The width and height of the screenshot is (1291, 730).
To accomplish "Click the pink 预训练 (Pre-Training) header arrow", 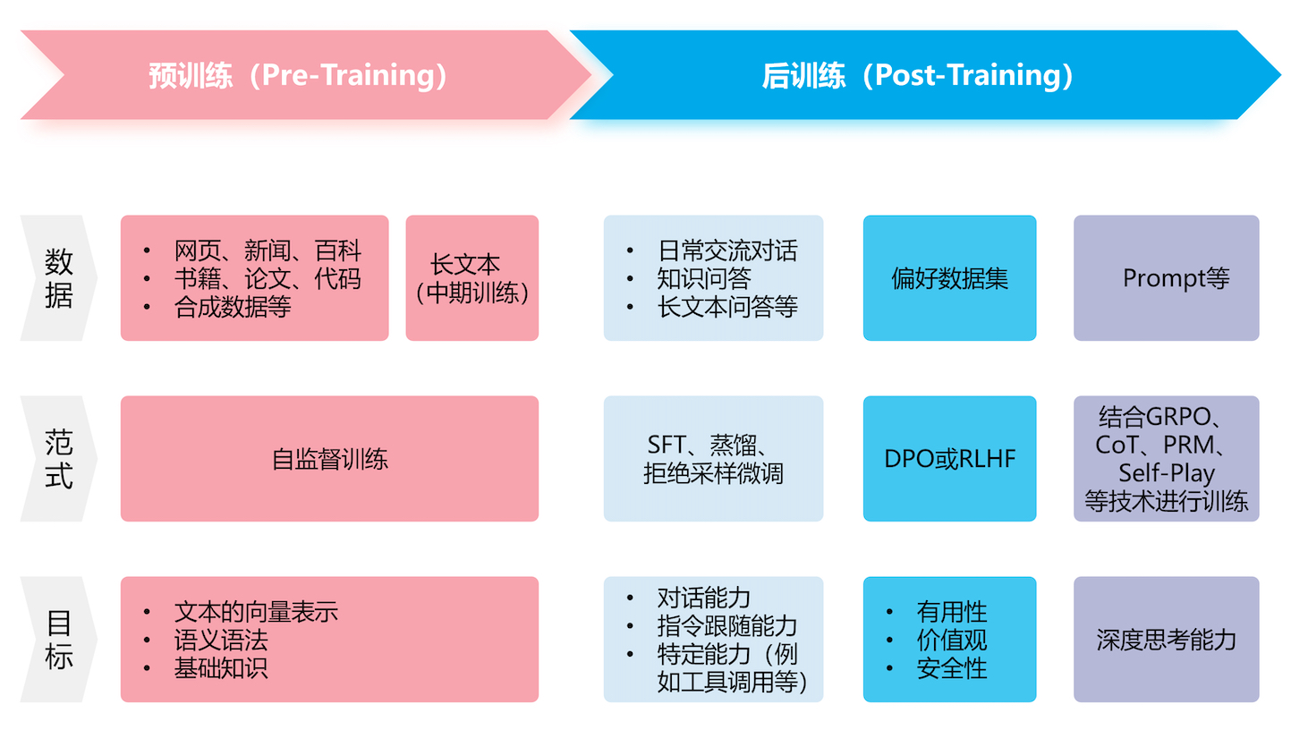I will coord(298,75).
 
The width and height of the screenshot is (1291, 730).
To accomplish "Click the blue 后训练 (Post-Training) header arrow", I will coord(917,75).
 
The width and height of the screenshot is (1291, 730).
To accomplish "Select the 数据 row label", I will coord(58,278).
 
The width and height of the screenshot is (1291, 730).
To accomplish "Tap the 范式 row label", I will coord(58,459).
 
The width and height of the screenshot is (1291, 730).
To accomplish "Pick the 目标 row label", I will coord(58,640).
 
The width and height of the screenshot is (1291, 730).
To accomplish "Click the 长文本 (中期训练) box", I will coord(471,278).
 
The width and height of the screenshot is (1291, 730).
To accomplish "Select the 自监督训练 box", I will coord(329,460).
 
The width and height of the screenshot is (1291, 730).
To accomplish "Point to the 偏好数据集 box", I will coord(949,278).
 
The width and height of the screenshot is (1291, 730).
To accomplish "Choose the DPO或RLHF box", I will coord(949,460).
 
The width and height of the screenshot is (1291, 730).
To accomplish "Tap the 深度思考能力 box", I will coord(1166,640).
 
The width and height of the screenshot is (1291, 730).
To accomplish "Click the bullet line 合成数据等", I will coord(233,307).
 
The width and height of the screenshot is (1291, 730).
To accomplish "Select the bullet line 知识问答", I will coord(704,278).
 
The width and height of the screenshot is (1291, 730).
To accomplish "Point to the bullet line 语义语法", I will coord(221,640).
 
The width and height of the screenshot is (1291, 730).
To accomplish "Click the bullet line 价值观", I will coord(951,640).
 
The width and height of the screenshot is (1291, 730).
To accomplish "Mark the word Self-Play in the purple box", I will coord(1166,472).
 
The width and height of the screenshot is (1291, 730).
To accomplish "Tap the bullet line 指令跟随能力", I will coord(726,626).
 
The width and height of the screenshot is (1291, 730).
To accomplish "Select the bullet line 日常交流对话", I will coord(726,250).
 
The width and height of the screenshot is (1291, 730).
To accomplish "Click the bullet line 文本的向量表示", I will coord(256,612).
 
